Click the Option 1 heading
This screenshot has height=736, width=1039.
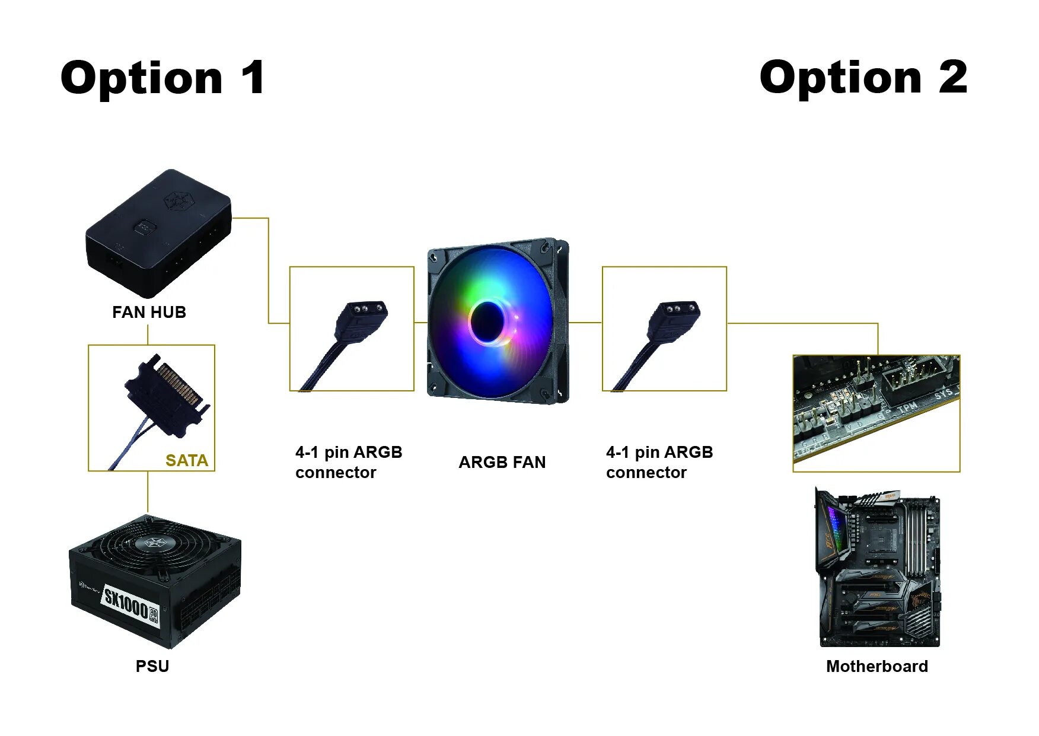(x=162, y=78)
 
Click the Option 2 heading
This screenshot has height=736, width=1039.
(x=863, y=78)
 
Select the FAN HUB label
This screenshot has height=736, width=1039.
(x=149, y=313)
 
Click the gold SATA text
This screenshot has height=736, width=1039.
(x=186, y=461)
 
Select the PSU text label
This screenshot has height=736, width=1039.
(x=152, y=667)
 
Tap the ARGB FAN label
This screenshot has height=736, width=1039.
(x=502, y=463)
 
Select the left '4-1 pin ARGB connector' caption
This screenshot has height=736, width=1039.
(x=349, y=463)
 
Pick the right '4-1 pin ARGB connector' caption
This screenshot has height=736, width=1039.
(x=659, y=463)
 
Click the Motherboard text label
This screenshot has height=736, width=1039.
(x=877, y=667)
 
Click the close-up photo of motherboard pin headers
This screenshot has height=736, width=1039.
(x=876, y=413)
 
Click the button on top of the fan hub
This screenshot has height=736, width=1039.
(x=144, y=227)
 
